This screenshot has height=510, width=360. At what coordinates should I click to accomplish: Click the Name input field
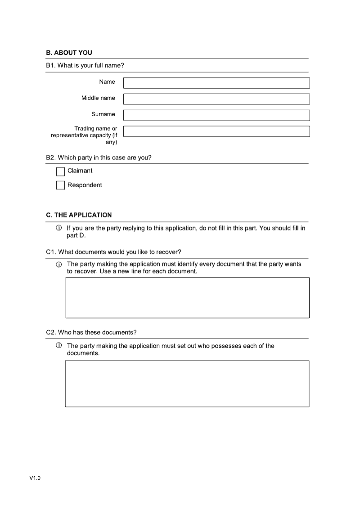(x=216, y=83)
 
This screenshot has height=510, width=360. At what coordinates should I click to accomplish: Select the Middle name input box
(x=216, y=99)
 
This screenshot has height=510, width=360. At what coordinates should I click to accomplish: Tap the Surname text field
(x=216, y=115)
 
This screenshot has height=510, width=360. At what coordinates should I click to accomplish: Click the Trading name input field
(x=216, y=131)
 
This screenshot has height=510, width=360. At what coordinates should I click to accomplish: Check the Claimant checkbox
(x=60, y=172)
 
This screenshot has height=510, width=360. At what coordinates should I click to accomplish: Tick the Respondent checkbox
(x=60, y=185)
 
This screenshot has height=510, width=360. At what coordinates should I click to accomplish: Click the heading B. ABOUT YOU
(x=69, y=53)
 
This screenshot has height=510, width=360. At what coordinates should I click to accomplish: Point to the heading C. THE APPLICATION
(x=79, y=215)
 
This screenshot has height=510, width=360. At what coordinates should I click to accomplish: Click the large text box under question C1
(x=187, y=298)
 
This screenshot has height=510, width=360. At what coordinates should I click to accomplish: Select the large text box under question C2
(x=187, y=384)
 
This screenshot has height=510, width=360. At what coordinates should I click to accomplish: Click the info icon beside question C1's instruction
(x=58, y=265)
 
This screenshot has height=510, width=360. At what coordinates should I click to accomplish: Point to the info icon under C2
(x=58, y=346)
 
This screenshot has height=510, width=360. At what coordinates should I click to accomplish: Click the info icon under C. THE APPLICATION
(x=58, y=228)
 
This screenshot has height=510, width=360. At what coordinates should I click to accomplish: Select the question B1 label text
(x=85, y=66)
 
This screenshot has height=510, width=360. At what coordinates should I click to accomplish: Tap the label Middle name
(x=98, y=98)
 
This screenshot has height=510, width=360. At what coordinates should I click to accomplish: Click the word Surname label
(x=103, y=114)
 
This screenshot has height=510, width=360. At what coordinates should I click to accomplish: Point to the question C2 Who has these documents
(x=91, y=333)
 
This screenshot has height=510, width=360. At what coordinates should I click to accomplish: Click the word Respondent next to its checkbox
(x=85, y=185)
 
